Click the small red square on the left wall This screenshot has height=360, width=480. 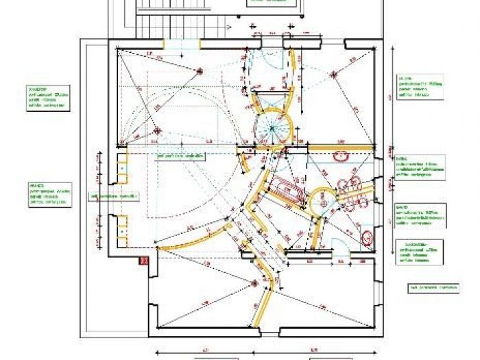[144, 261]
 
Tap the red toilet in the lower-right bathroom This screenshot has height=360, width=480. [368, 239]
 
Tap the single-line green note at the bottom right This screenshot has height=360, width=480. [434, 287]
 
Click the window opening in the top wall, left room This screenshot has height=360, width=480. [181, 43]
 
